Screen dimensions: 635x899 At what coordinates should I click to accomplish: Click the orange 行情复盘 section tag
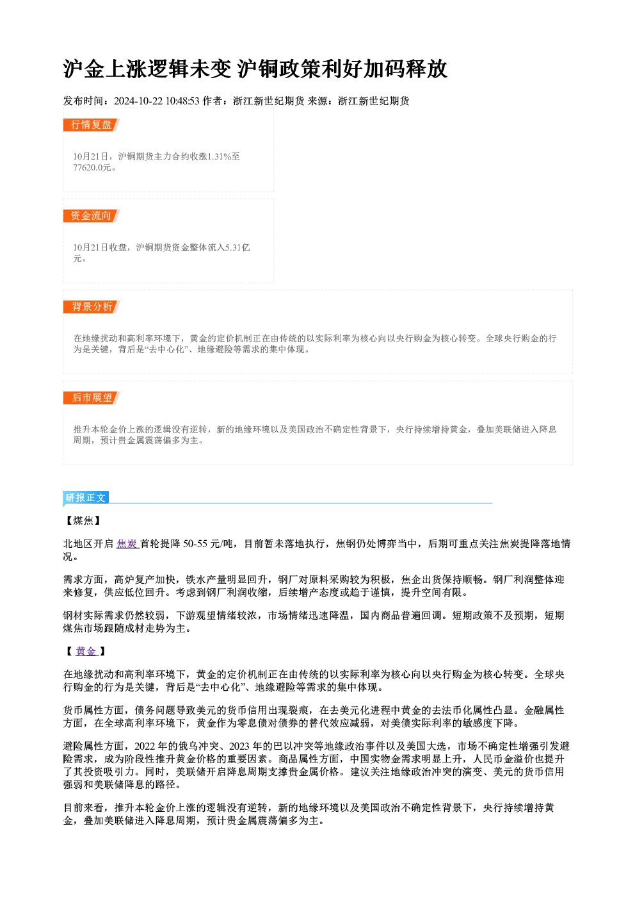click(91, 125)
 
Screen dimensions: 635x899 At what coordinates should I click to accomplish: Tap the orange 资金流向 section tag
click(91, 216)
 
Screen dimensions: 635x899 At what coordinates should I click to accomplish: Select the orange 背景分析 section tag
click(91, 307)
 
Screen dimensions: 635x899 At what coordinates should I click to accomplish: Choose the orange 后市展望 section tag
click(91, 398)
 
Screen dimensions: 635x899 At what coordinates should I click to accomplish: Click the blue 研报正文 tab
click(86, 498)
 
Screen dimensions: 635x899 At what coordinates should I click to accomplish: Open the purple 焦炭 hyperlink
click(127, 544)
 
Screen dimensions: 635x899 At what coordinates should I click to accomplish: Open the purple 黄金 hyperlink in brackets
click(86, 652)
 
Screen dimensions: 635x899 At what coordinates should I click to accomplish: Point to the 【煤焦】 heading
click(83, 521)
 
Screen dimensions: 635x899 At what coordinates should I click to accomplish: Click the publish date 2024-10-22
click(138, 101)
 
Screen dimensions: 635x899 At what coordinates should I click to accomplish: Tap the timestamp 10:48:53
click(182, 101)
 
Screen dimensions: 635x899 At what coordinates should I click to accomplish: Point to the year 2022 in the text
click(145, 746)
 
